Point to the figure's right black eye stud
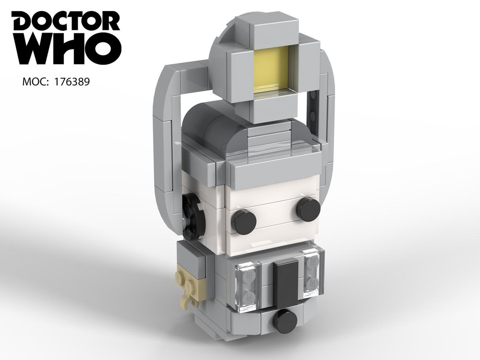click(x=308, y=208)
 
